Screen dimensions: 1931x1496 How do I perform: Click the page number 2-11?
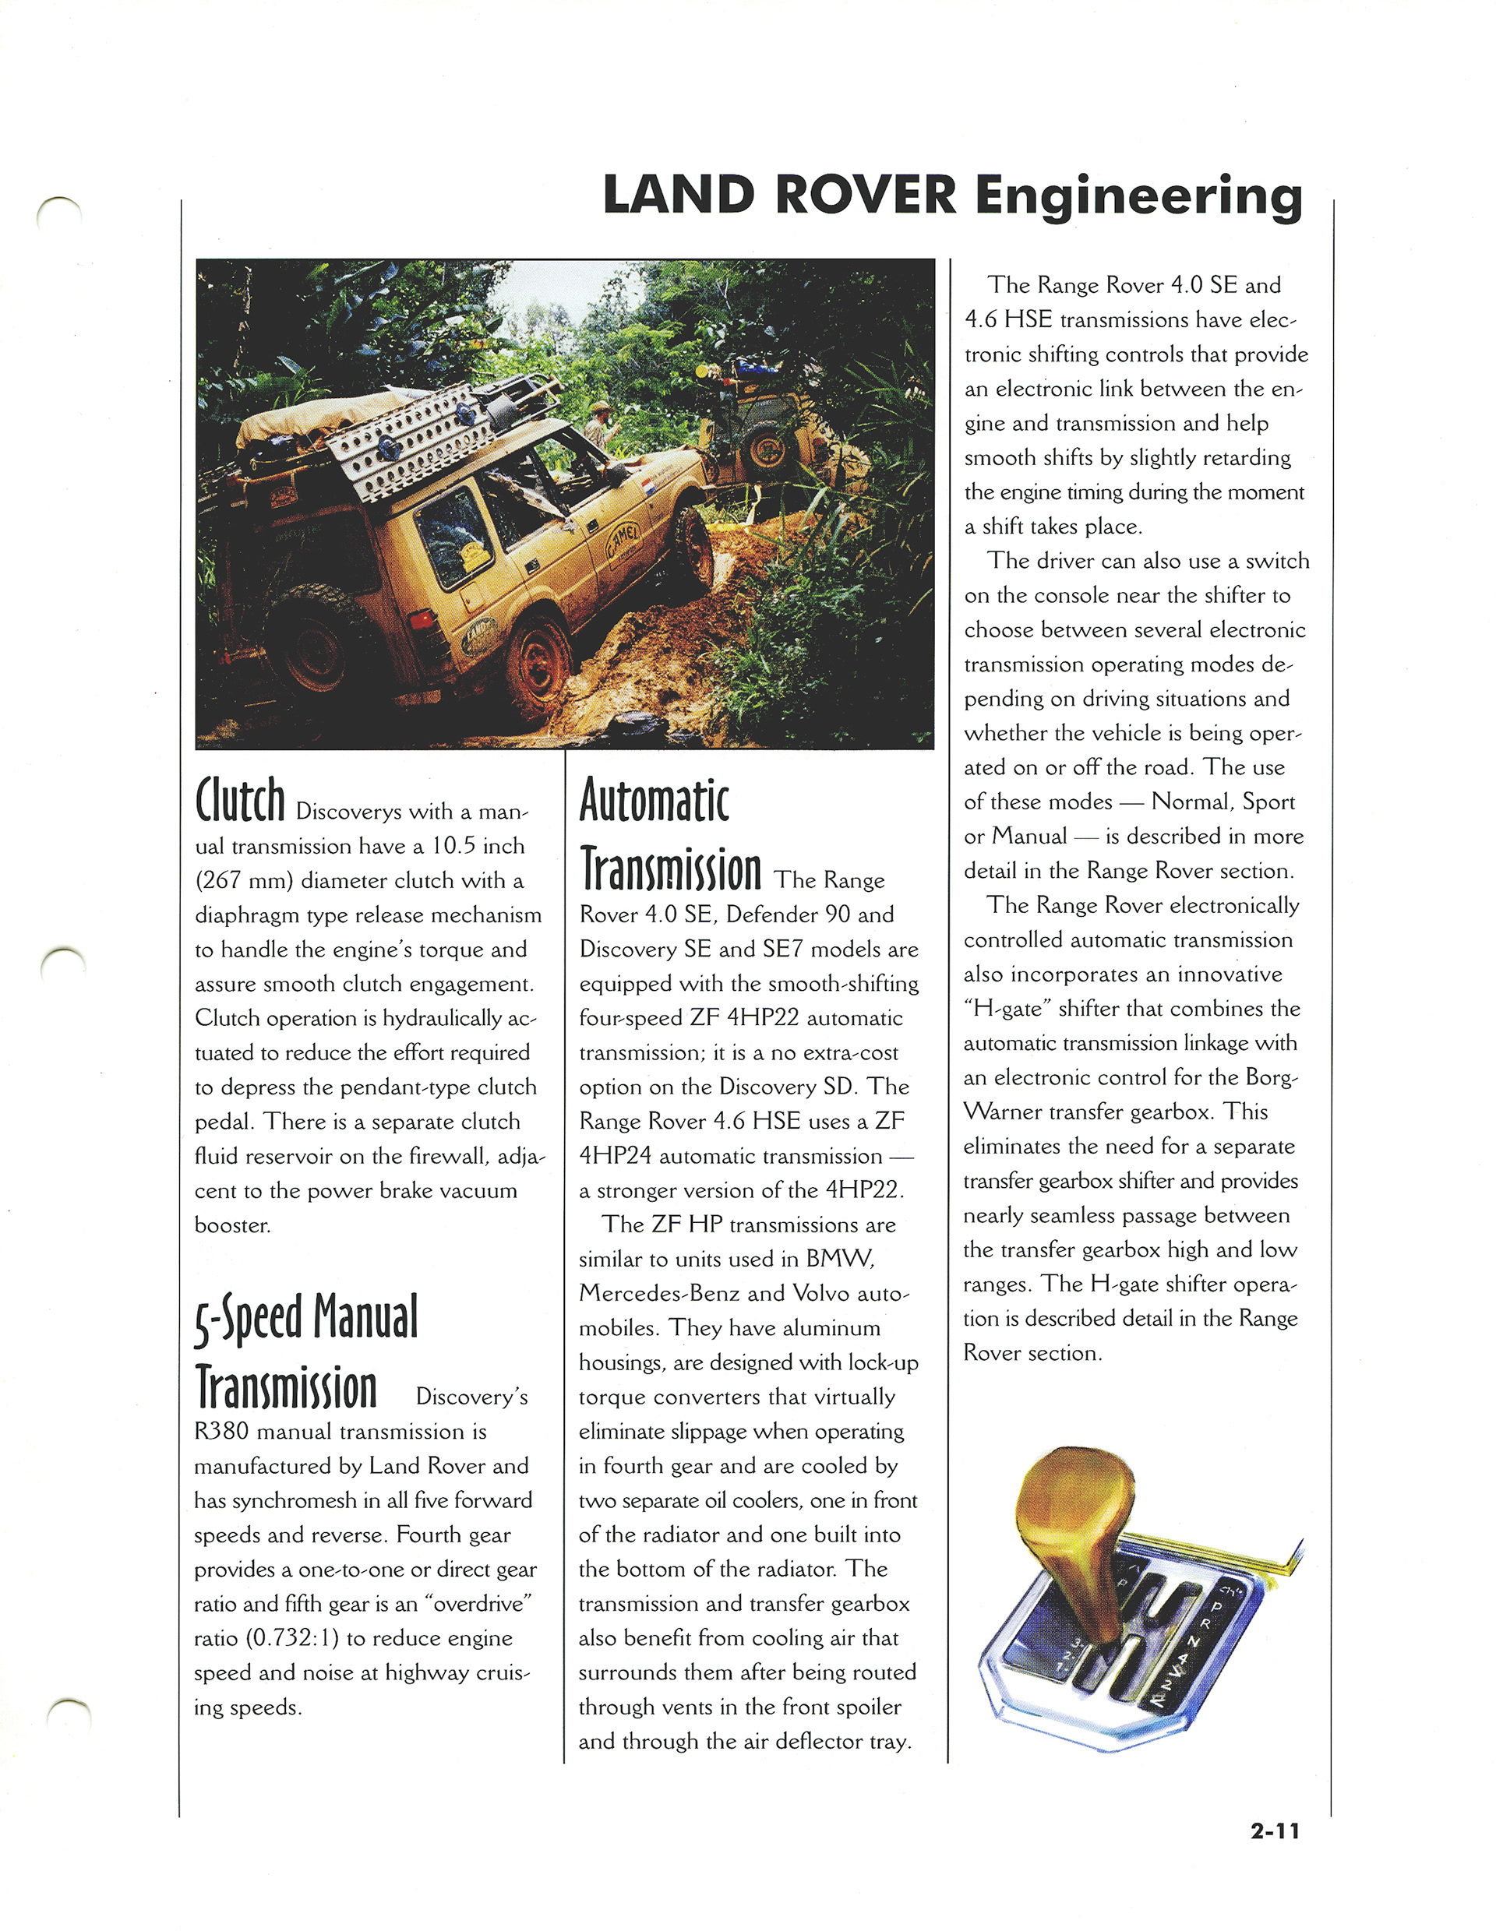pos(1274,1831)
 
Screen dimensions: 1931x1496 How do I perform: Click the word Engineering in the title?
pos(1139,197)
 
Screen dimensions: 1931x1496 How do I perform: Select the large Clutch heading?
pos(240,799)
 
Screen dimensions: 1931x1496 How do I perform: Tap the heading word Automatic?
pos(654,799)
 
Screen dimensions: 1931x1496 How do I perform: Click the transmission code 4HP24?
pos(616,1156)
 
